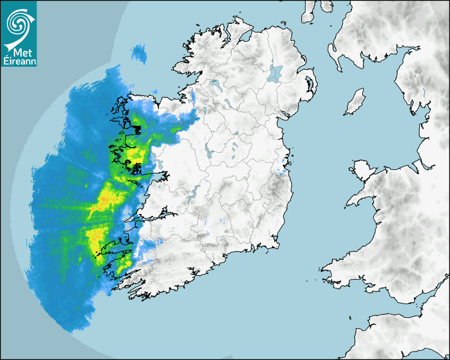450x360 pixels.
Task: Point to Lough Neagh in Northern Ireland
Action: coord(275,72)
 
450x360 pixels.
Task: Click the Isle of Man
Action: coord(355,102)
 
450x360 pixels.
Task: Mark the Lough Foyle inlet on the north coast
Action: coord(245,37)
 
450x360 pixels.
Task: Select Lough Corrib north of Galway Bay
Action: coord(162,159)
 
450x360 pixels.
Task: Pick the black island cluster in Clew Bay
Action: coord(137,129)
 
